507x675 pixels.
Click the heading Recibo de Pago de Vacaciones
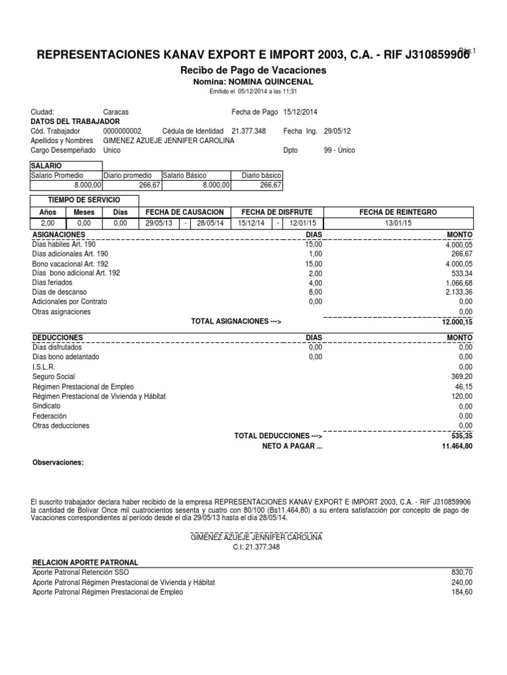pyautogui.click(x=253, y=70)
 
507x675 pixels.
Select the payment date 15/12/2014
pyautogui.click(x=300, y=112)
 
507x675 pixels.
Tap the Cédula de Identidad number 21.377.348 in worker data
pyautogui.click(x=248, y=131)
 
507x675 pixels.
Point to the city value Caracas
pyautogui.click(x=116, y=112)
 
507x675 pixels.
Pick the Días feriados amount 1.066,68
pyautogui.click(x=457, y=282)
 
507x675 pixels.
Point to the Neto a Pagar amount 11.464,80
pyautogui.click(x=455, y=446)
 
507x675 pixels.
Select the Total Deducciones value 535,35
pyautogui.click(x=461, y=436)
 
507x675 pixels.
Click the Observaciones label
pyautogui.click(x=58, y=463)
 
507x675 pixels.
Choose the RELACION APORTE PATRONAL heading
pyautogui.click(x=85, y=562)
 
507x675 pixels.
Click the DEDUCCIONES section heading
pyautogui.click(x=57, y=337)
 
